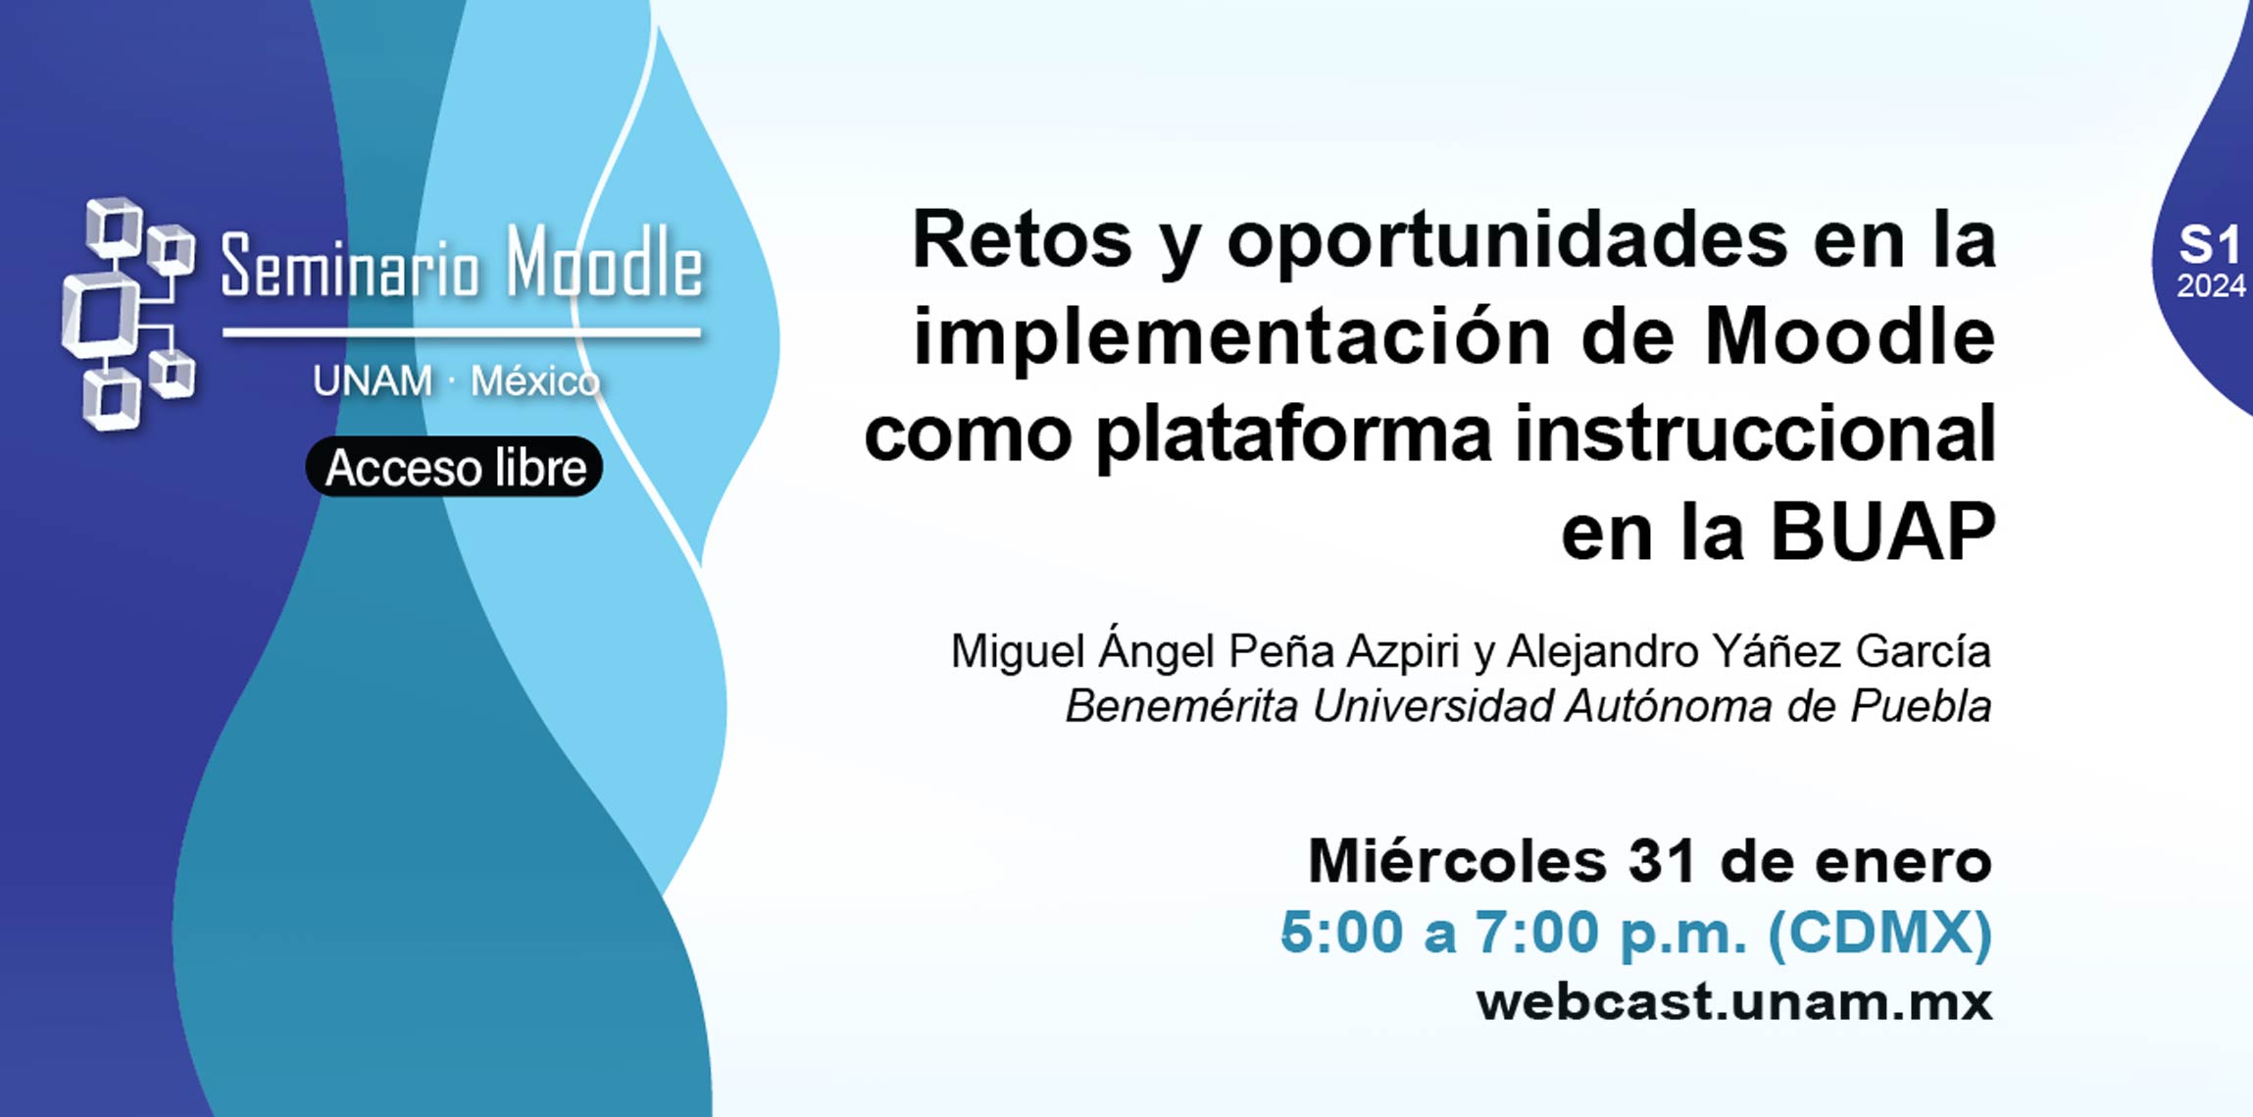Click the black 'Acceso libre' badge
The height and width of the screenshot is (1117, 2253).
[454, 467]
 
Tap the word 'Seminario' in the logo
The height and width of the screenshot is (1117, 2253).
[350, 266]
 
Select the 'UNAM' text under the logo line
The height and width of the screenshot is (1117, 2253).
[373, 381]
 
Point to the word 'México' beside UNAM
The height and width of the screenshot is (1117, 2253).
[535, 381]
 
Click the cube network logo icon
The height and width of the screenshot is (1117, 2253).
[127, 314]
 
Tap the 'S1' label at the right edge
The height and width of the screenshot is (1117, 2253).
[2209, 245]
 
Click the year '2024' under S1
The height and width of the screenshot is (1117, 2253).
[2211, 286]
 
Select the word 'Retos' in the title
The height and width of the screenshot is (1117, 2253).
[1023, 240]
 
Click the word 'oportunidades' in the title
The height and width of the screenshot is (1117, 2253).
[1507, 240]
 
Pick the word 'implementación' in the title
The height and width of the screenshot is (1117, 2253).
[1232, 337]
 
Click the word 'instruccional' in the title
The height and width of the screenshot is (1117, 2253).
[1755, 433]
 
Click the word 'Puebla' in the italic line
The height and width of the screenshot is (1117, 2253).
[1921, 706]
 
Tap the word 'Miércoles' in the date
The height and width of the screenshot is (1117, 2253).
[1457, 861]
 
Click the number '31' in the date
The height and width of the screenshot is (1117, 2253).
[1663, 861]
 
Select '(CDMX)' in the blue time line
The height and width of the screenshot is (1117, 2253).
[1879, 932]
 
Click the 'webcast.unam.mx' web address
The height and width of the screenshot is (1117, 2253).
[1734, 1002]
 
